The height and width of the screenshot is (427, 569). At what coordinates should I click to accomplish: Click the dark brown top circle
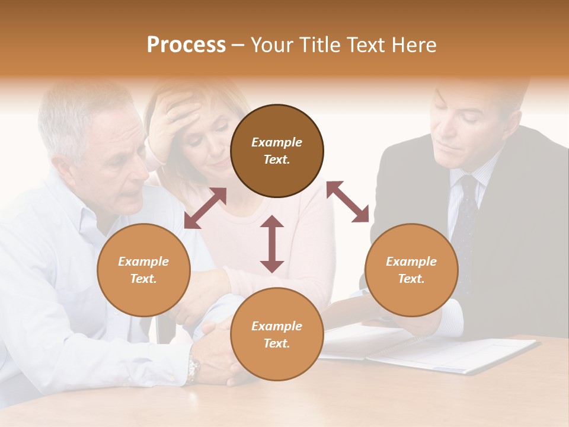coord(277,151)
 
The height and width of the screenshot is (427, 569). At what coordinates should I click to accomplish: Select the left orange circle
coord(143,270)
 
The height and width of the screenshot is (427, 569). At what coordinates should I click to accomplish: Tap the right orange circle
coord(411,270)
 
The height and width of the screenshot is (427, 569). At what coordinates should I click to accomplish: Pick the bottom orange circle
coord(277,334)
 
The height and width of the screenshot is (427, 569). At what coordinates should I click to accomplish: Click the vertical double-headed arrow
coord(272,244)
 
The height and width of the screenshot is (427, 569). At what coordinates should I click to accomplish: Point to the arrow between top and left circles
coord(205,208)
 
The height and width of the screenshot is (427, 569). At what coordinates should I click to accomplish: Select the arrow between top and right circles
coord(348,202)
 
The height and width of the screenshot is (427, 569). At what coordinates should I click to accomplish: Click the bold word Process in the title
coord(186,45)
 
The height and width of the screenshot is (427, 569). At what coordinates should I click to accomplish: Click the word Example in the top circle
coord(277,142)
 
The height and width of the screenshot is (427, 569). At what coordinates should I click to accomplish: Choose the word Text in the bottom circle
coord(277,343)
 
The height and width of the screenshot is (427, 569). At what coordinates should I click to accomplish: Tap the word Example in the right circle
coord(411,262)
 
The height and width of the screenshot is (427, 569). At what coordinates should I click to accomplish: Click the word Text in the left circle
coord(143,279)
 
